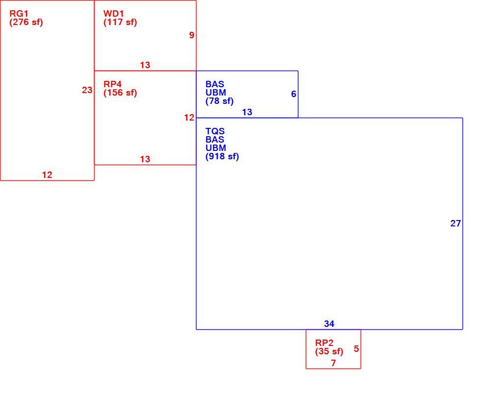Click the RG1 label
click(19, 14)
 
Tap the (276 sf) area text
click(26, 23)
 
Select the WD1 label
click(113, 14)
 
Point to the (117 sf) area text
click(120, 23)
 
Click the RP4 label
click(112, 84)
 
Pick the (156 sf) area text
click(120, 93)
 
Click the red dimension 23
click(87, 90)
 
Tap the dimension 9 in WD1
click(192, 35)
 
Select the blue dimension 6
click(293, 94)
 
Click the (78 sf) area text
click(219, 101)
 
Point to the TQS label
click(215, 131)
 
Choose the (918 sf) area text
click(222, 156)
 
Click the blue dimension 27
click(456, 223)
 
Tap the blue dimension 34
click(329, 324)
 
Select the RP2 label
click(324, 343)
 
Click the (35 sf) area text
click(329, 352)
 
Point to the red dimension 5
click(356, 349)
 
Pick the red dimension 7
click(333, 363)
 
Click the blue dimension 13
click(247, 112)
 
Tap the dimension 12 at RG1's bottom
click(47, 175)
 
